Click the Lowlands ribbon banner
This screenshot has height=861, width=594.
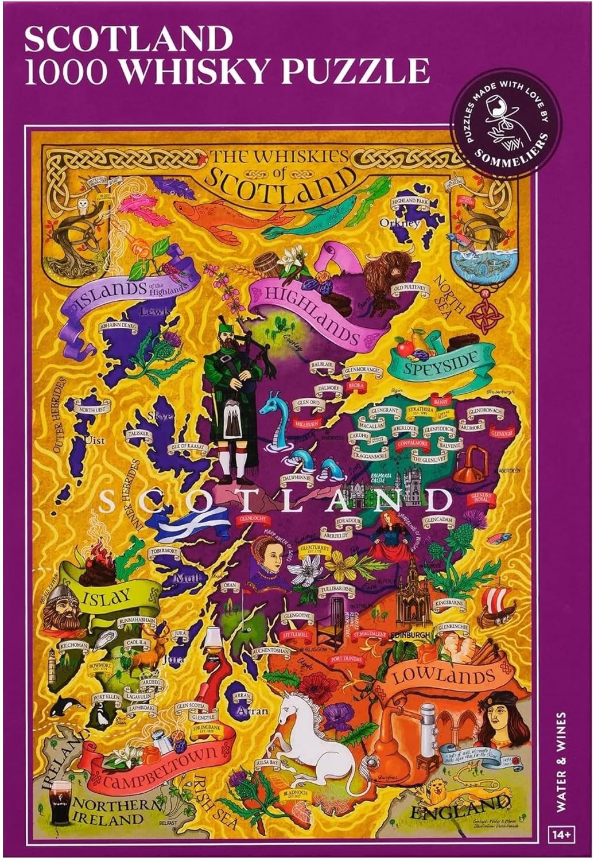[x=444, y=677]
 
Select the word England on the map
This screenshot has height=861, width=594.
[x=459, y=810]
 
